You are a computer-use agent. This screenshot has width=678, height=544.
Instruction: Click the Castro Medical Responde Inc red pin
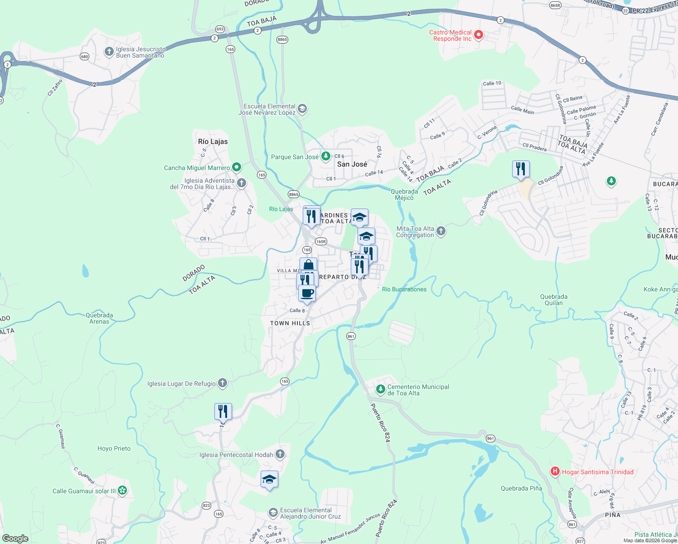click(478, 35)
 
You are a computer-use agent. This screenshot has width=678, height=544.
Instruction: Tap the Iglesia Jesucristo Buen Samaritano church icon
click(109, 52)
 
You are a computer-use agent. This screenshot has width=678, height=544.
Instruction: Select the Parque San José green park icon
click(325, 156)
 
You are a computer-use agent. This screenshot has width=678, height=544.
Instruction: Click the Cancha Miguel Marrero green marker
click(236, 167)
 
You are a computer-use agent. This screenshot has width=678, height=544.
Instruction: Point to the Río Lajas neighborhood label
click(213, 141)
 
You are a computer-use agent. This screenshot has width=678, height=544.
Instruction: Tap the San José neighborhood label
click(352, 164)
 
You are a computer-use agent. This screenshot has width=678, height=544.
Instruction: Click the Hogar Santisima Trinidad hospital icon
click(555, 471)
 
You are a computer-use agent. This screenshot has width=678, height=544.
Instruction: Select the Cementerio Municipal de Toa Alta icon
click(380, 389)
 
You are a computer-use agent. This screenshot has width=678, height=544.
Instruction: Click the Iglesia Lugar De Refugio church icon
click(222, 383)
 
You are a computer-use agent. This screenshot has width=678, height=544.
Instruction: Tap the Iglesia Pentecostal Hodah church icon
click(280, 454)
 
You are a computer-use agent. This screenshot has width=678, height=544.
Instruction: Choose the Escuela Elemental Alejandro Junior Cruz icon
click(273, 512)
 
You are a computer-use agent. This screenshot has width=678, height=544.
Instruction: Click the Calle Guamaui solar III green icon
click(122, 490)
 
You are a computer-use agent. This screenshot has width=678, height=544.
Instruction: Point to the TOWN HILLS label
click(290, 323)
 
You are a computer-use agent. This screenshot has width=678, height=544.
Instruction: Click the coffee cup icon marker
click(307, 293)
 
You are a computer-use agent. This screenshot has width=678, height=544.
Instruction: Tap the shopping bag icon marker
click(308, 266)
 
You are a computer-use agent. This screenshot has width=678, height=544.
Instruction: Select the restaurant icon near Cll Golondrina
click(521, 169)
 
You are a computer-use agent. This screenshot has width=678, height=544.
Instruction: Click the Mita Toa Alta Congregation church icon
click(441, 231)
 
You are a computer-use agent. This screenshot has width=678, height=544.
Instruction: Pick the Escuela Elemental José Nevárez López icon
click(302, 109)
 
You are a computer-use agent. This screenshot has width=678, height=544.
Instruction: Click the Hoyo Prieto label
click(114, 448)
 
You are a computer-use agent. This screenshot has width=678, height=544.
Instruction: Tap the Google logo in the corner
click(15, 539)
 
